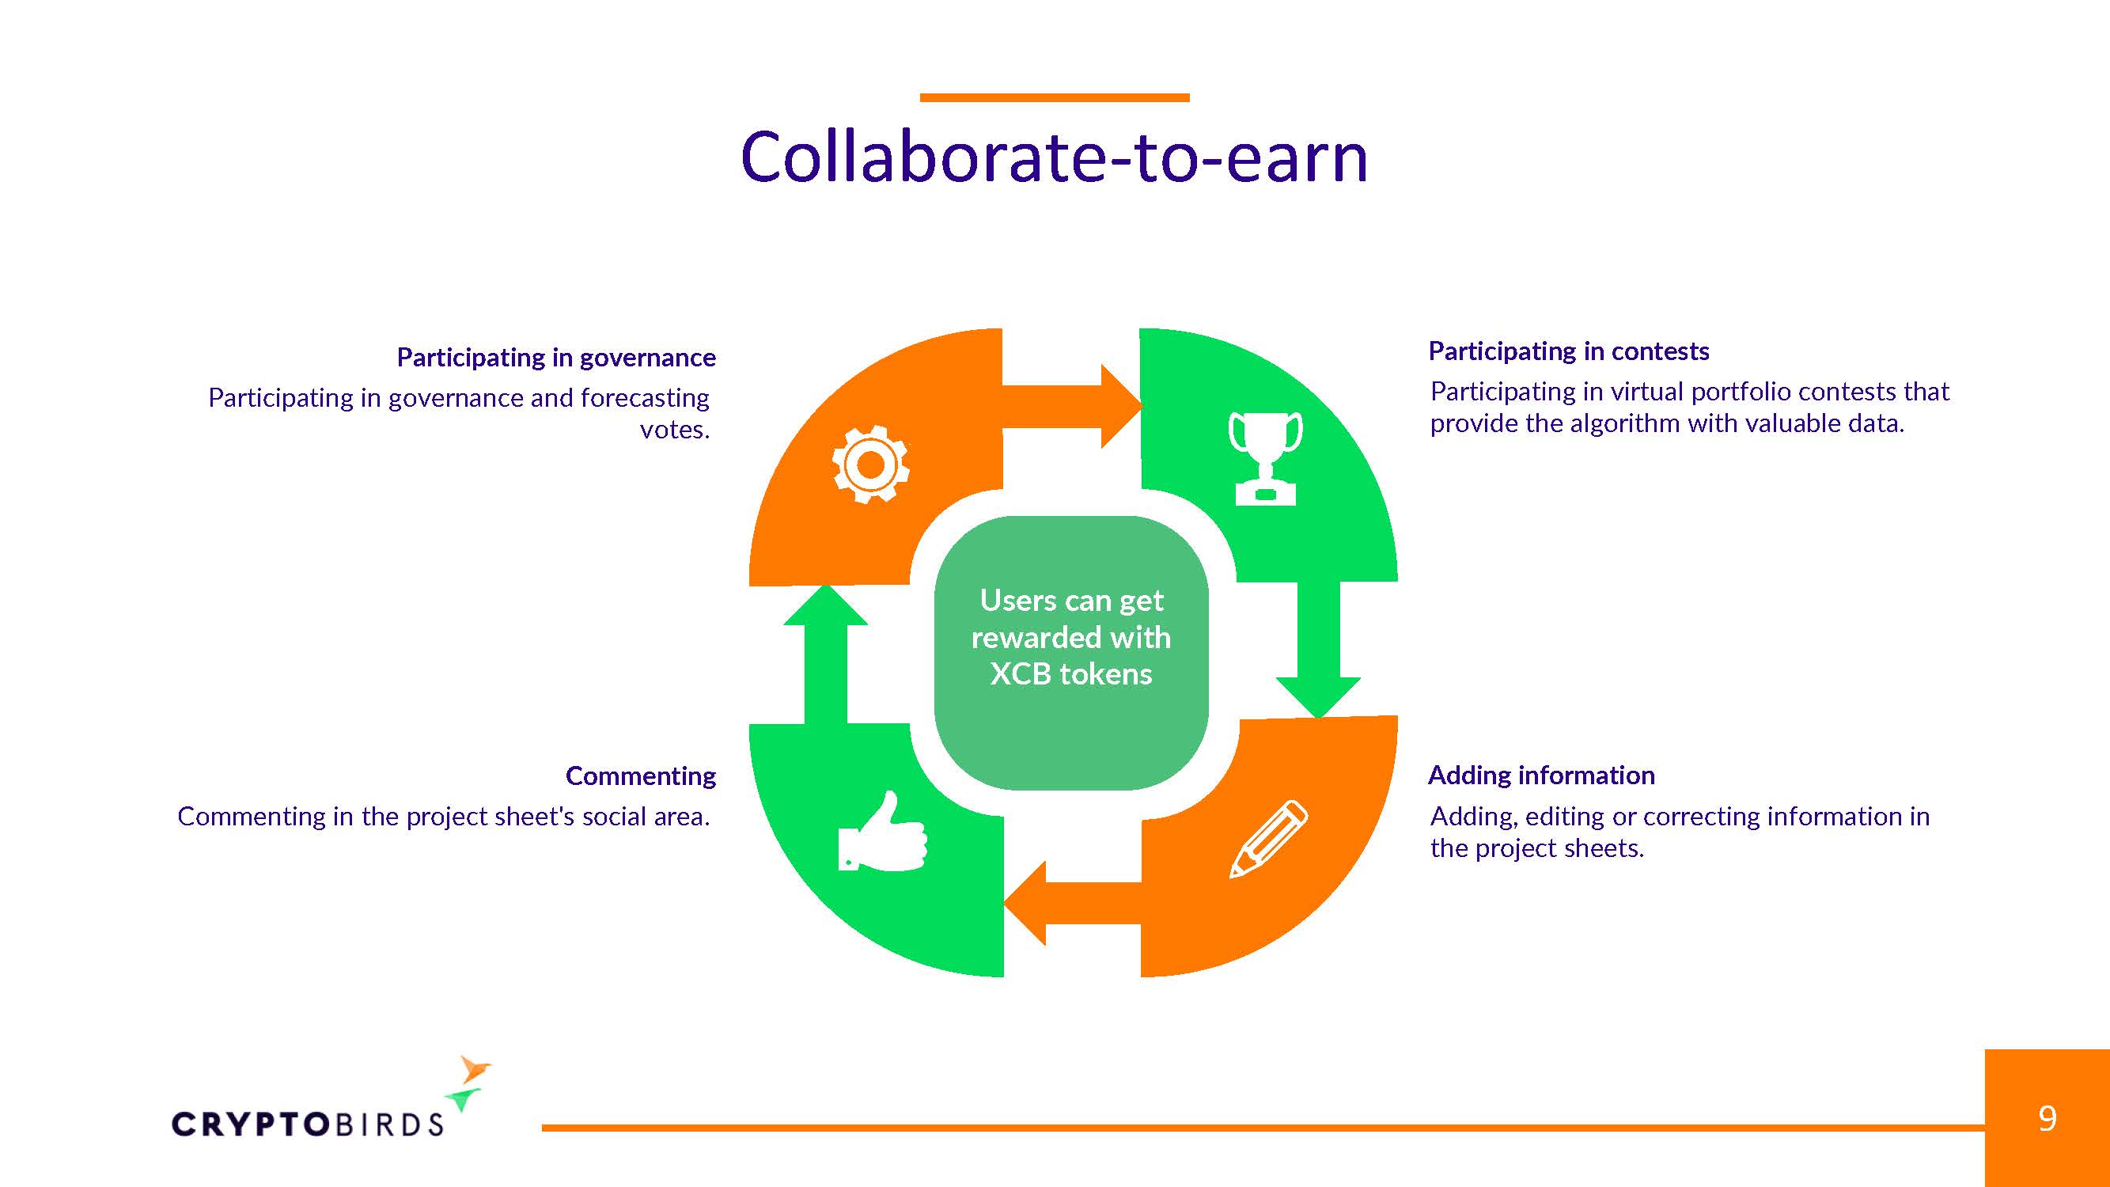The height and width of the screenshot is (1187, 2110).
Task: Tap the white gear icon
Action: click(x=871, y=465)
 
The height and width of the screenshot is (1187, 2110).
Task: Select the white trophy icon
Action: click(x=1266, y=458)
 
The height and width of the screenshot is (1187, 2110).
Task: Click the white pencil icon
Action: click(x=1269, y=839)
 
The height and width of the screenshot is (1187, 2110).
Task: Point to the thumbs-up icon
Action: click(x=882, y=831)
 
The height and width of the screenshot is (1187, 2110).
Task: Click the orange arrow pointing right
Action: click(x=1072, y=406)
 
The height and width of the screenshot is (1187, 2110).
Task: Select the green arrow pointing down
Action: click(x=1318, y=650)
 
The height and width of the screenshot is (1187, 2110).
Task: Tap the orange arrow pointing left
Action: click(x=1073, y=903)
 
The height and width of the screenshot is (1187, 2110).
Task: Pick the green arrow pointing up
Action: click(x=826, y=654)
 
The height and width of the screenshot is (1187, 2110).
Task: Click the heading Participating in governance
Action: click(x=556, y=357)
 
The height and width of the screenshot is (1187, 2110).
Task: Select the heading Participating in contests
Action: click(x=1569, y=351)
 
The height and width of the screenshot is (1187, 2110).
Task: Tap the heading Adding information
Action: click(x=1541, y=775)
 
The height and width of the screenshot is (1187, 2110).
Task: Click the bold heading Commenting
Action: click(x=641, y=776)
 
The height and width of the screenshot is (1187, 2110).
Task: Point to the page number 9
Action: click(x=2047, y=1118)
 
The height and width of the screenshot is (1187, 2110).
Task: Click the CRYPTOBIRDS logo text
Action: click(x=307, y=1124)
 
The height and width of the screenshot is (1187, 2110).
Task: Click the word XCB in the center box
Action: click(x=1020, y=673)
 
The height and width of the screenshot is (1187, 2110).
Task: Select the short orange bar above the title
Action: click(x=1054, y=97)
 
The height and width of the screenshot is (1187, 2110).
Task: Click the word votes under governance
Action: click(x=674, y=429)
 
